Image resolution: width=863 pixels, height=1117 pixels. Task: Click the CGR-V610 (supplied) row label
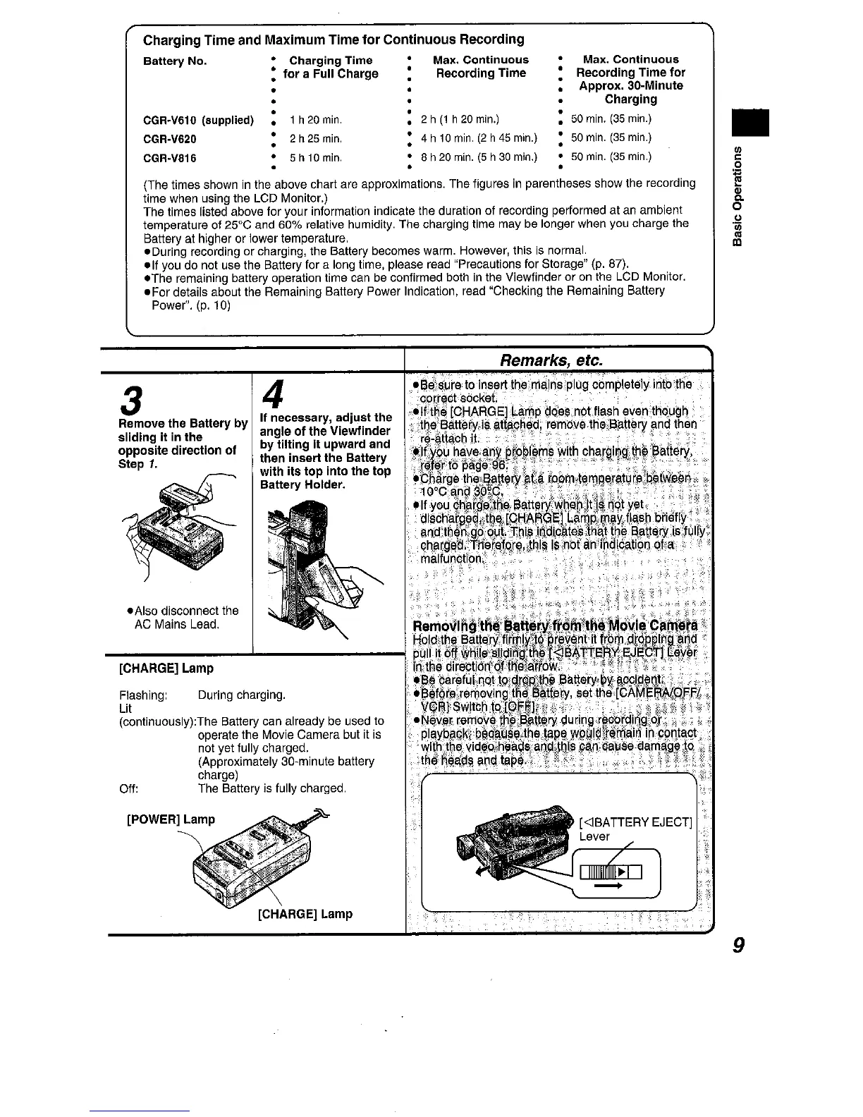click(x=198, y=119)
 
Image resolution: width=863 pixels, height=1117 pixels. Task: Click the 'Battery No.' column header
click(x=175, y=61)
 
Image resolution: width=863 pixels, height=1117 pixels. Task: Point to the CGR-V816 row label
click(x=169, y=158)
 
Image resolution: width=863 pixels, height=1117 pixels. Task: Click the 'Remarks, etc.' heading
click(x=551, y=360)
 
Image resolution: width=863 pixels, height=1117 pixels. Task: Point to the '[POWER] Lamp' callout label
click(x=170, y=819)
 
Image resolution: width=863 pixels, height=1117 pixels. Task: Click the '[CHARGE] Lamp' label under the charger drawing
click(x=305, y=914)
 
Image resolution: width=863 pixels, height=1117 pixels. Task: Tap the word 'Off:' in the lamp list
click(x=128, y=788)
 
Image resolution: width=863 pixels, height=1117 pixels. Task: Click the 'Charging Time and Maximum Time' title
click(x=333, y=39)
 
